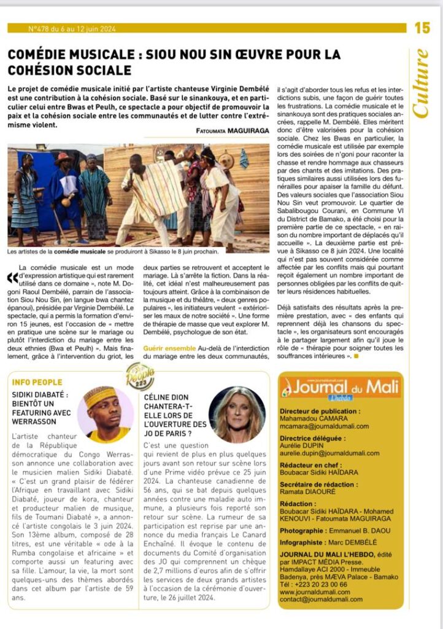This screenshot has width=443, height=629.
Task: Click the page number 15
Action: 422,28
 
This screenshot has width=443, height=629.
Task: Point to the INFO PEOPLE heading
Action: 38,382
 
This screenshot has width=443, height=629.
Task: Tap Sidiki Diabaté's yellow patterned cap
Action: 100,396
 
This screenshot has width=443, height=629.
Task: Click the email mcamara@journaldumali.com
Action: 324,426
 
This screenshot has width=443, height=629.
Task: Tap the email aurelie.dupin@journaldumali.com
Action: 329,453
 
